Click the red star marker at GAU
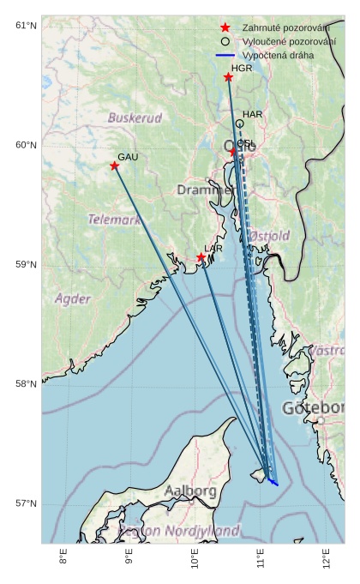click(x=115, y=166)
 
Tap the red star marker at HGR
click(x=229, y=77)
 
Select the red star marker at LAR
click(x=201, y=257)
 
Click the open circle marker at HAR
click(x=240, y=123)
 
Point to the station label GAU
click(x=128, y=157)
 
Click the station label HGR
click(x=242, y=68)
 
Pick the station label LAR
click(x=213, y=249)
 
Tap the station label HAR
click(x=252, y=114)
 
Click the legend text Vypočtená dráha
click(x=278, y=55)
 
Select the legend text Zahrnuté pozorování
click(x=285, y=28)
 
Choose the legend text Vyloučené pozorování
click(x=289, y=41)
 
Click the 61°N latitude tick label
click(x=26, y=26)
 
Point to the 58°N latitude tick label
click(x=26, y=384)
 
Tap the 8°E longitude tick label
click(x=63, y=557)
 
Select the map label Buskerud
click(x=135, y=117)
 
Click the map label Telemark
click(x=114, y=220)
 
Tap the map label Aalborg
click(x=190, y=491)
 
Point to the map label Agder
click(x=73, y=299)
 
